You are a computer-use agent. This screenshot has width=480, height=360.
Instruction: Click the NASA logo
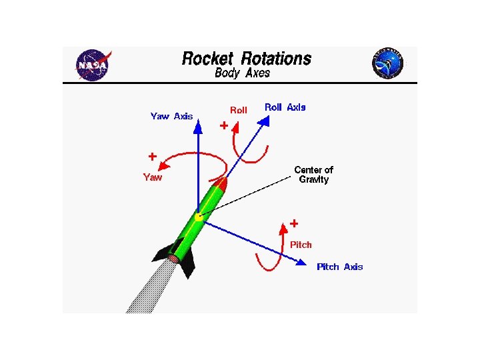93,65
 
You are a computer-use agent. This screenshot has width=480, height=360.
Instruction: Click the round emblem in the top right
388,64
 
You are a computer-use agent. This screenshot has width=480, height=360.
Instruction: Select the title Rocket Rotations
247,59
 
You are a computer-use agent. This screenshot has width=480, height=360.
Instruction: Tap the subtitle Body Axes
243,73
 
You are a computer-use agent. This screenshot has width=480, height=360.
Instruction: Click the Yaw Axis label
171,116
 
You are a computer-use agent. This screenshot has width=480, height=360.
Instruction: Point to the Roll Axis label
285,107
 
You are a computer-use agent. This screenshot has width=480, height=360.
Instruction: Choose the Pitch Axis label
340,267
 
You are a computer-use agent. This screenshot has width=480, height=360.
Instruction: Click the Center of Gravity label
313,175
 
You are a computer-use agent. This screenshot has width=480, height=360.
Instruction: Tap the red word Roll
238,110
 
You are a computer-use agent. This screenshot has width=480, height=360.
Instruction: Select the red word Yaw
153,177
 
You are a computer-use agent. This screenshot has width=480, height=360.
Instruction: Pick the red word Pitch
301,245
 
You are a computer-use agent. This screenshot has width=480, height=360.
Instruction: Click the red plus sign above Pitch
293,223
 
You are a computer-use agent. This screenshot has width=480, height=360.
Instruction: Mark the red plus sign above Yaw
153,157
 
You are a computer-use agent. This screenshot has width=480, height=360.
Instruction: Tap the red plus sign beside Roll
224,125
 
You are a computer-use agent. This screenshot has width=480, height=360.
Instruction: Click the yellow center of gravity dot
199,217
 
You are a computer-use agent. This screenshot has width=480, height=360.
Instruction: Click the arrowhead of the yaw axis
198,127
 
